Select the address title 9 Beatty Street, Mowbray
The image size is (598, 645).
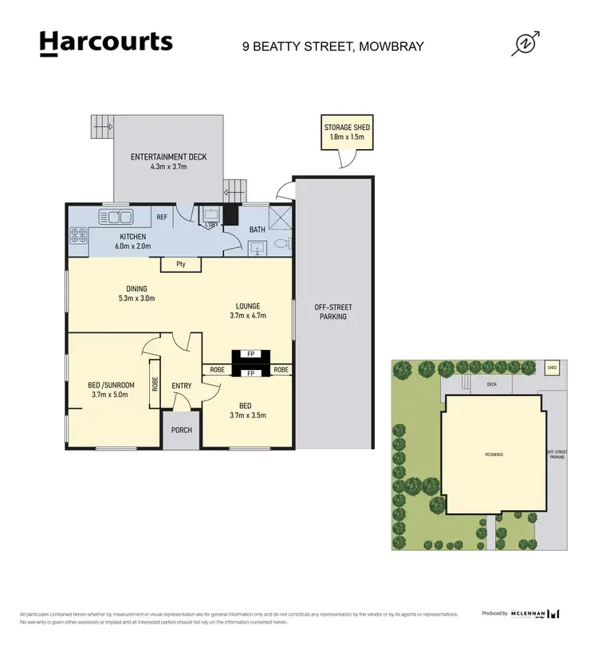(332, 46)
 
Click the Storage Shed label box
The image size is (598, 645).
(347, 132)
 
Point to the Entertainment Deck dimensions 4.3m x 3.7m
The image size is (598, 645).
(168, 167)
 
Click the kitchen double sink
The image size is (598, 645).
(116, 216)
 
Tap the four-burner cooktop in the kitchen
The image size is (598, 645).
(79, 235)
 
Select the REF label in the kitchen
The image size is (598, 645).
(162, 217)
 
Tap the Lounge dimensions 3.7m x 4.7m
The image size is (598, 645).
(248, 316)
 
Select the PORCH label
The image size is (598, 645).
(181, 431)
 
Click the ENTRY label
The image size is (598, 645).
(181, 386)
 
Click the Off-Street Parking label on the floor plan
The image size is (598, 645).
(333, 312)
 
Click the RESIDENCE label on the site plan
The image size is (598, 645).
(494, 454)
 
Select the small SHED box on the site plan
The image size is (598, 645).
(551, 368)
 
